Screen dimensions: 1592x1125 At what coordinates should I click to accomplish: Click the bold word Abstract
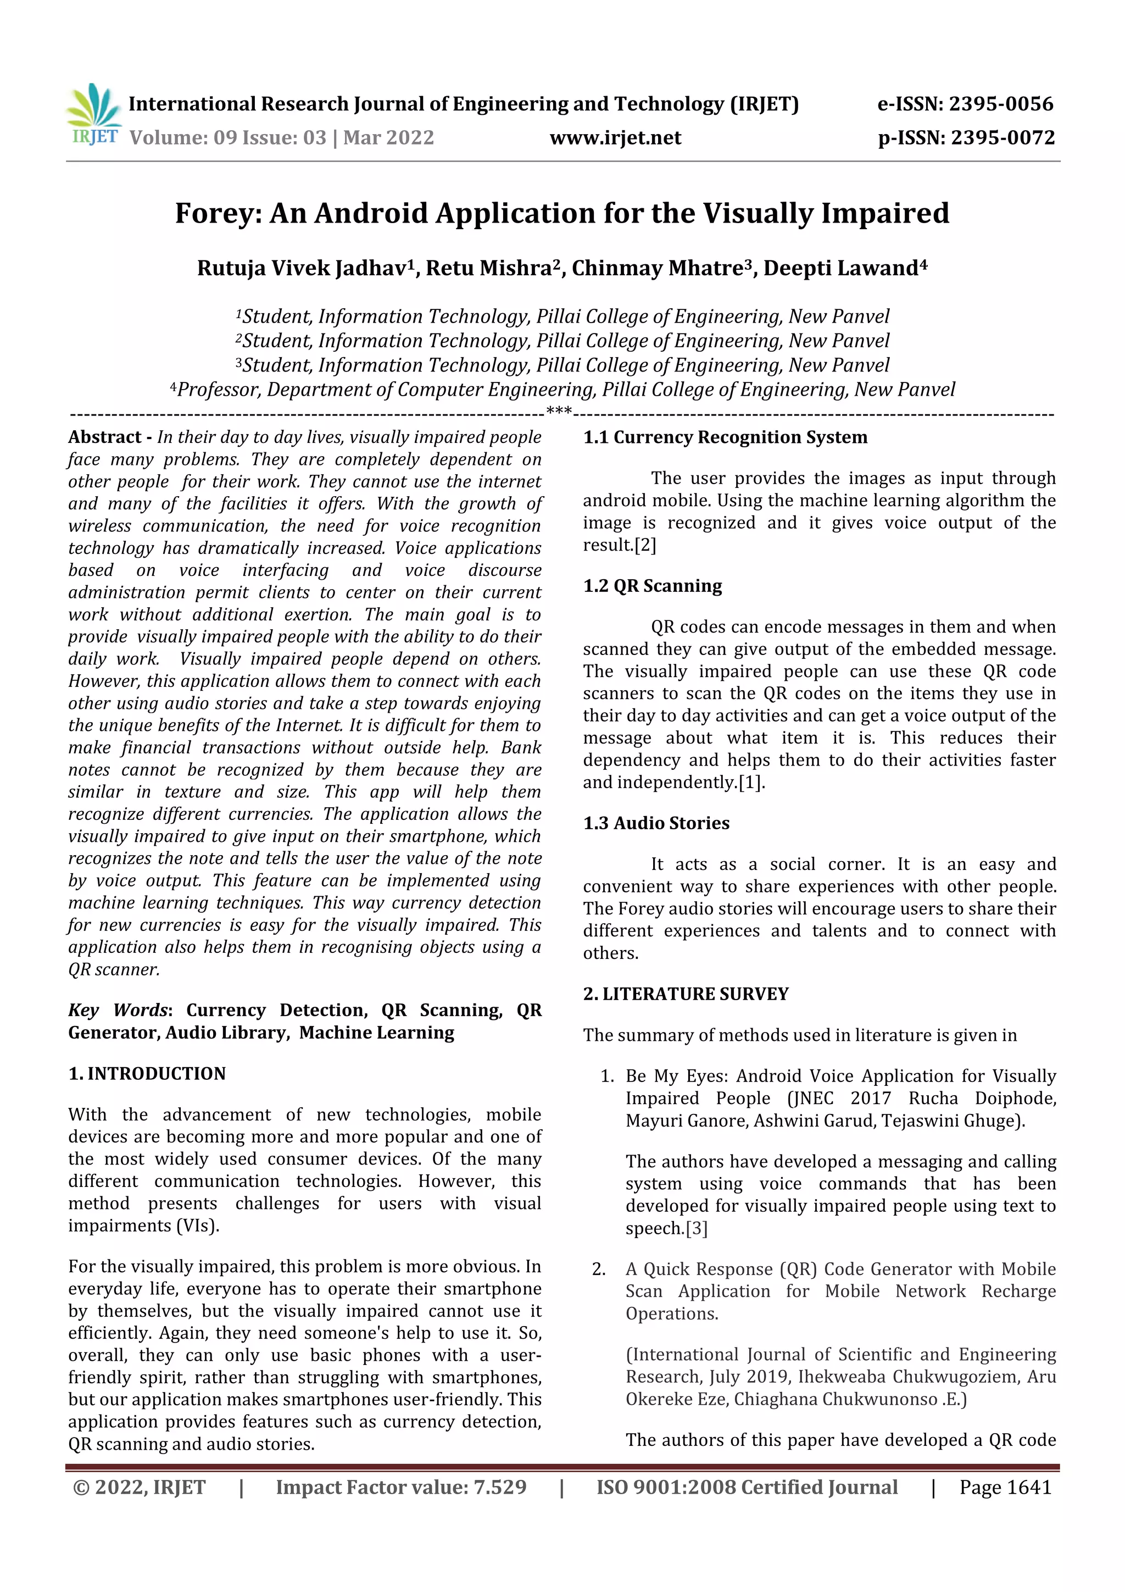click(105, 437)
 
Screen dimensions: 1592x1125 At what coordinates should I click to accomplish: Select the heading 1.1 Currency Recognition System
click(725, 437)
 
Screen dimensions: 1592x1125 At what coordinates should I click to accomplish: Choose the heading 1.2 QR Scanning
click(652, 586)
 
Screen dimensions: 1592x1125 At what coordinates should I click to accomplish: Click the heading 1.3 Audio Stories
click(656, 823)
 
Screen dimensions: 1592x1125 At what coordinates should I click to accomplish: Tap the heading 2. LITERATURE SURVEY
click(686, 994)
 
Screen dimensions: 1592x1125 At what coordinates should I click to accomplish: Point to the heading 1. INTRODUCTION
click(147, 1073)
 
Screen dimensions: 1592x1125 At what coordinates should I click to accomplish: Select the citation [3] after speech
click(697, 1228)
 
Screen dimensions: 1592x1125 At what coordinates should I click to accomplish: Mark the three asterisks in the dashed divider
click(559, 412)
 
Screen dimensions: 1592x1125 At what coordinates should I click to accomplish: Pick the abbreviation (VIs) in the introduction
click(198, 1225)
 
